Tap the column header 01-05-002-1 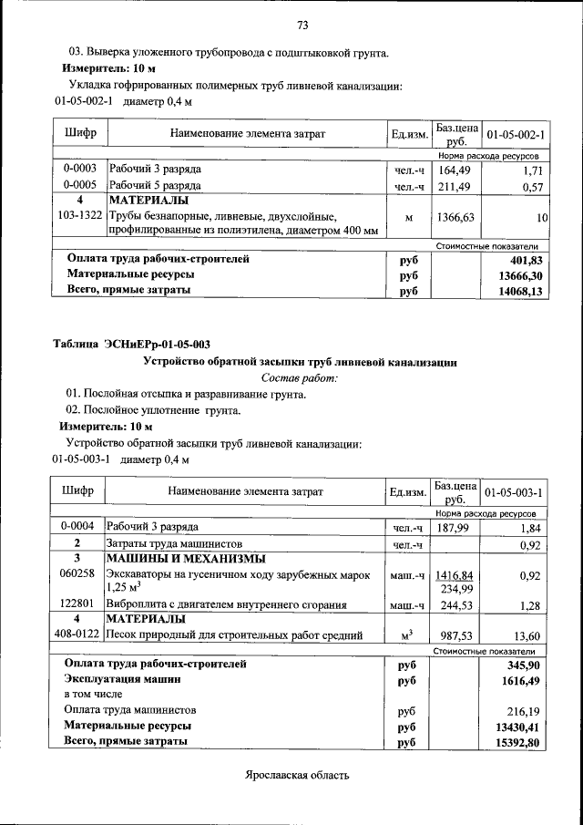[x=516, y=135]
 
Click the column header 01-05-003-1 [x=516, y=493]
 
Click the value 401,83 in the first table [x=524, y=260]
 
